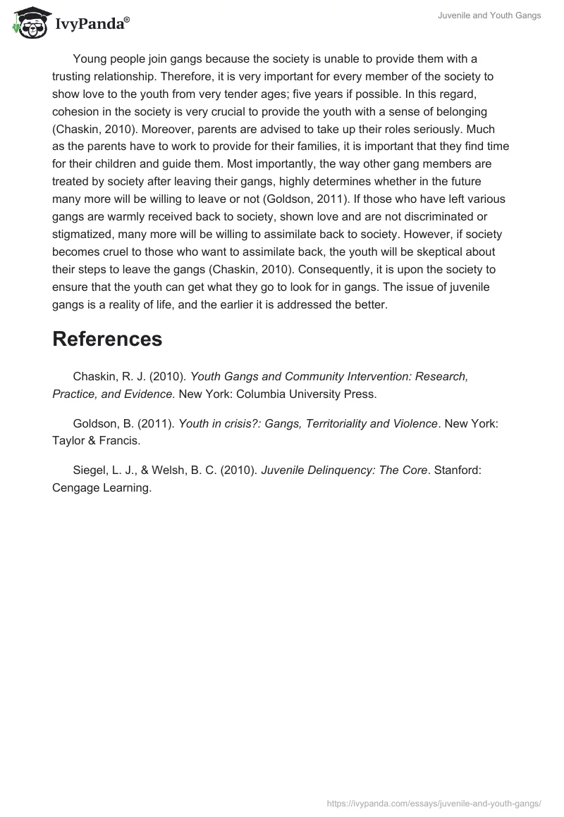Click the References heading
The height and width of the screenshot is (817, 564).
(107, 339)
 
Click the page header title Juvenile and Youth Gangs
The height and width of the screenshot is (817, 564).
(498, 15)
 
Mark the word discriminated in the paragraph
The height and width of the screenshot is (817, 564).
(426, 217)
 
